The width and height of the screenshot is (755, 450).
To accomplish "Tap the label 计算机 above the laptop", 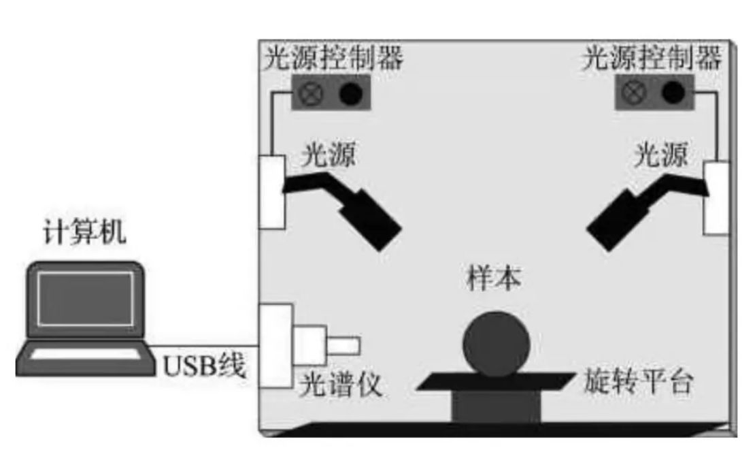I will [x=84, y=234].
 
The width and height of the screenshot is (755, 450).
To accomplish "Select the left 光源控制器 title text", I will [x=333, y=59].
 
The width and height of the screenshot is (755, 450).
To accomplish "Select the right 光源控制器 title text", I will [x=652, y=59].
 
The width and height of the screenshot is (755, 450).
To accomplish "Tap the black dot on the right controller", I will [x=673, y=92].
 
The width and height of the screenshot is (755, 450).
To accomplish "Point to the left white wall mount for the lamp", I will [x=271, y=191].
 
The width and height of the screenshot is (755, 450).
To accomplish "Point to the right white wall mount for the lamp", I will [x=716, y=198].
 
